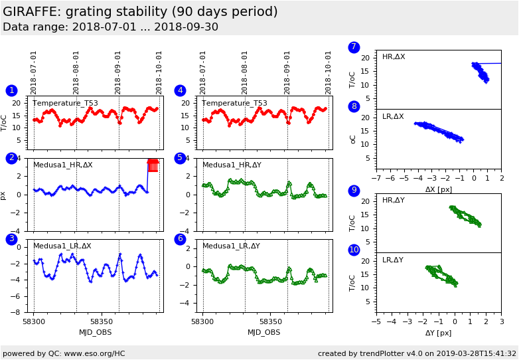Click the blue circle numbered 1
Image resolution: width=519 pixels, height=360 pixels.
click(x=11, y=90)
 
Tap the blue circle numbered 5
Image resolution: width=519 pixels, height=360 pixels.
click(x=180, y=158)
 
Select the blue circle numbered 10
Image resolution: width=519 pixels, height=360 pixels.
click(x=354, y=250)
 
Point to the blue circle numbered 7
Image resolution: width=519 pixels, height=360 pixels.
click(x=354, y=47)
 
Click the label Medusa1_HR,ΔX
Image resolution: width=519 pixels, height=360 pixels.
click(x=63, y=165)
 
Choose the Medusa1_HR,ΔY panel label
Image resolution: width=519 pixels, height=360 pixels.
click(x=232, y=165)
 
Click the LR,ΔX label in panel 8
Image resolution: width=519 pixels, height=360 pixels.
click(x=393, y=116)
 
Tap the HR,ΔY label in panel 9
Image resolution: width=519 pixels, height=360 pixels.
click(x=393, y=200)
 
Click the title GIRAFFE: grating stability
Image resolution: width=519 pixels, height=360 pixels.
click(x=140, y=12)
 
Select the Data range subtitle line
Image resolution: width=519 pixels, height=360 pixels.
click(x=110, y=27)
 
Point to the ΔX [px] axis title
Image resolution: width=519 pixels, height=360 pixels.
click(x=438, y=189)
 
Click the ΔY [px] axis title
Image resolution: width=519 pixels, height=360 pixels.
click(x=438, y=333)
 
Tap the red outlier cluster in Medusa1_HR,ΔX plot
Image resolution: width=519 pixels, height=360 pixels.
click(x=153, y=165)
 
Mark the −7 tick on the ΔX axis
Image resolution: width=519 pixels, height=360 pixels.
click(x=376, y=179)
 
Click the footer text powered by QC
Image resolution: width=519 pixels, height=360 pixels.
click(x=64, y=353)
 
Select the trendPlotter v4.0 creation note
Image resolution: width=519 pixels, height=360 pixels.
click(x=417, y=353)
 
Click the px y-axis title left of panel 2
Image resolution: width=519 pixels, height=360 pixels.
click(x=4, y=195)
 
